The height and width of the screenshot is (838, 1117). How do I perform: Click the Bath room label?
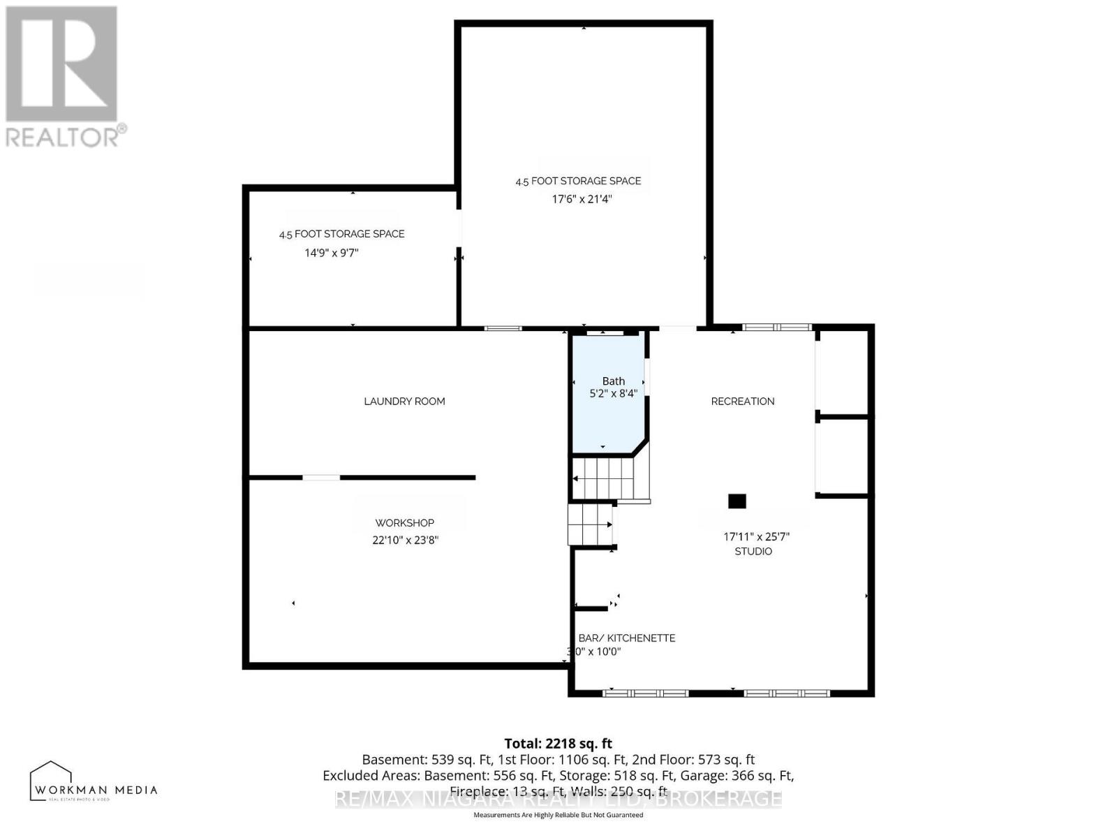click(x=613, y=381)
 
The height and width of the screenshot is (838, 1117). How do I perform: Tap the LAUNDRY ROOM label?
click(x=404, y=402)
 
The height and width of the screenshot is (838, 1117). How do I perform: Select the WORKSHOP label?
click(x=404, y=523)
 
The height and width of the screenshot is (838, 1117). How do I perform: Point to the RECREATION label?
click(x=742, y=402)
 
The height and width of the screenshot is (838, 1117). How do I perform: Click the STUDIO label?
click(x=753, y=552)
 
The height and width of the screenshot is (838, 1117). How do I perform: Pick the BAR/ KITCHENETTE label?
click(x=626, y=638)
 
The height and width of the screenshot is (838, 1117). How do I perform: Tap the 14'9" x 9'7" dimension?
click(x=331, y=253)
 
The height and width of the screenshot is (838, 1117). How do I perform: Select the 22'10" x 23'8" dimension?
click(x=404, y=540)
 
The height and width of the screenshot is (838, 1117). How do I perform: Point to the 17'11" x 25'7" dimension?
click(x=756, y=537)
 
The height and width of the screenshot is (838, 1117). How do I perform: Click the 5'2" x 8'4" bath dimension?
click(x=613, y=394)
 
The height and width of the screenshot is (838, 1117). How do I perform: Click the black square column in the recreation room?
click(x=737, y=501)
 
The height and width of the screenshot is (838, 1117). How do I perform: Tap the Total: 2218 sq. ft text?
click(x=558, y=744)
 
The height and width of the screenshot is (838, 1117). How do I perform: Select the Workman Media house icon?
click(x=51, y=779)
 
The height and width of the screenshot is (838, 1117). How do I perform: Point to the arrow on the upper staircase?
click(x=576, y=478)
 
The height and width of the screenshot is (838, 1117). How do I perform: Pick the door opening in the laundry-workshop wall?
click(x=321, y=478)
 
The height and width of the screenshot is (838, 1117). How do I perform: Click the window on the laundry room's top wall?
click(x=503, y=328)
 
